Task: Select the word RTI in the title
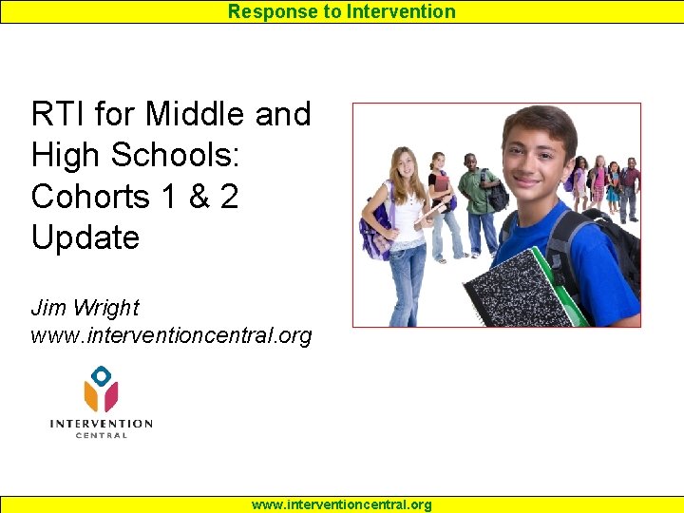click(59, 114)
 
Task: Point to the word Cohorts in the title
click(90, 196)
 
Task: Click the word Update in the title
click(85, 237)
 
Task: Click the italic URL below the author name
click(171, 336)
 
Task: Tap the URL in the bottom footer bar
click(341, 504)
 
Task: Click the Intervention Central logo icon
click(101, 390)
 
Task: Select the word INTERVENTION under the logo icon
click(101, 424)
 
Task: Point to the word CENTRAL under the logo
click(101, 435)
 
